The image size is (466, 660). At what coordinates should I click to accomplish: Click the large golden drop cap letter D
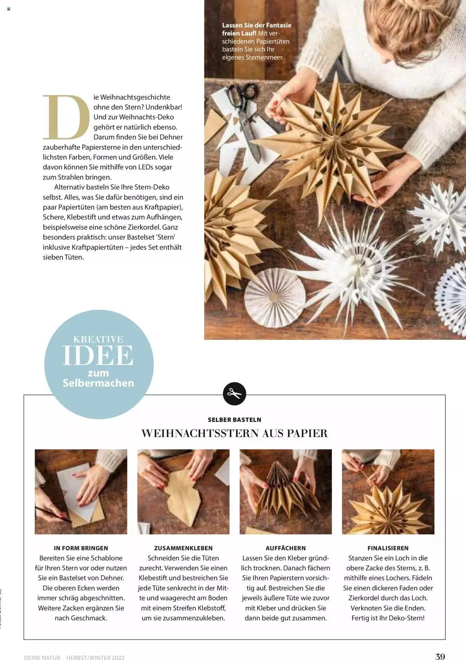[66, 117]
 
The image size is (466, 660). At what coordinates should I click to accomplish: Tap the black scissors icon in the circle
[234, 394]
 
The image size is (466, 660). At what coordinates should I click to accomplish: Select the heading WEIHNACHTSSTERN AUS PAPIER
[234, 433]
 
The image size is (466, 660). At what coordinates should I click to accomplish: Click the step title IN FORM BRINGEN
[81, 548]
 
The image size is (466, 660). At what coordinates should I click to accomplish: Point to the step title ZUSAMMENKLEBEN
[183, 548]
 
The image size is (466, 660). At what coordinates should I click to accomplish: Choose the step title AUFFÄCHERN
[286, 548]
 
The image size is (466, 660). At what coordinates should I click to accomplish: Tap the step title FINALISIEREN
[388, 548]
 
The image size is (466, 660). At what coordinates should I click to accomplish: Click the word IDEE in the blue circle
[98, 355]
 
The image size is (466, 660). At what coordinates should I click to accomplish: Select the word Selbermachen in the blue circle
[98, 383]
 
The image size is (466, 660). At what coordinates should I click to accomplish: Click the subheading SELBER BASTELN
[234, 420]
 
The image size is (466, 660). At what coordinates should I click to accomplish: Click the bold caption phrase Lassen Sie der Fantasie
[257, 25]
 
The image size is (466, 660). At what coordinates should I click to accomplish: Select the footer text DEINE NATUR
[42, 655]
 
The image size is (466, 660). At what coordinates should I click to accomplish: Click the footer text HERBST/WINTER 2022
[95, 655]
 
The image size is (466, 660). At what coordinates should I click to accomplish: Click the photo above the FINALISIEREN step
[388, 492]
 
